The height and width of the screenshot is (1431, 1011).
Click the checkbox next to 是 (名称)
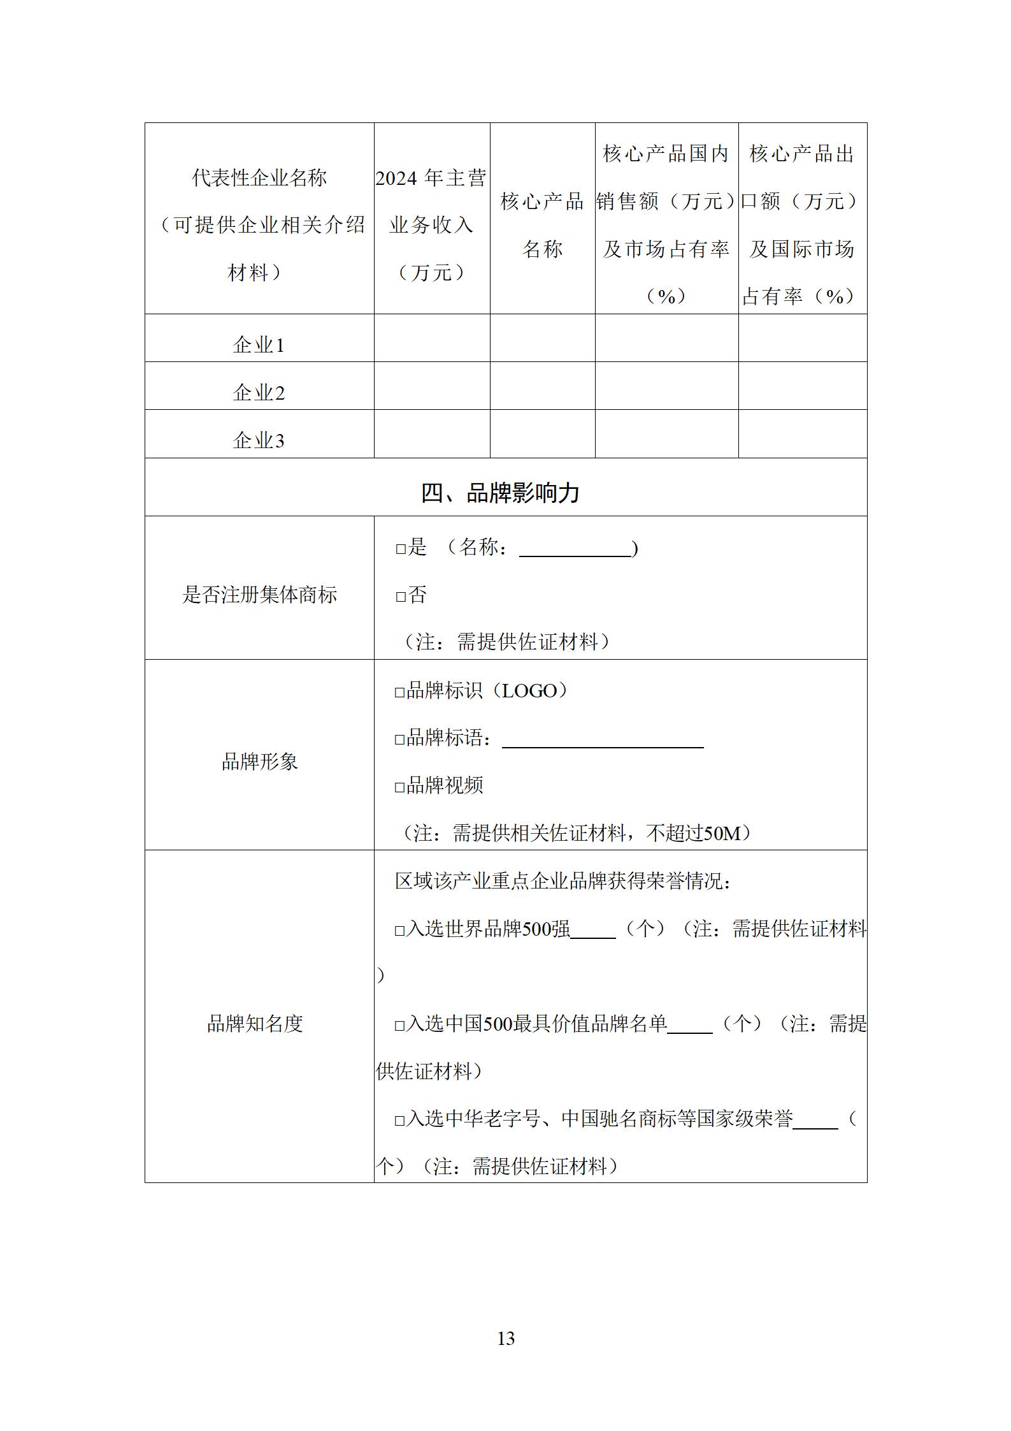[401, 549]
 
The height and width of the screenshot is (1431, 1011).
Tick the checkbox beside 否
[401, 597]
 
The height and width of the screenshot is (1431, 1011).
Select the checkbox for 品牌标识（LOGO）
[400, 692]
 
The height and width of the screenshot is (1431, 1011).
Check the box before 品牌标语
[400, 740]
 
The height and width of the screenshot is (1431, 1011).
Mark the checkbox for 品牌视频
[400, 787]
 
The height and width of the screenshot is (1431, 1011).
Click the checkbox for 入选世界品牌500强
[400, 931]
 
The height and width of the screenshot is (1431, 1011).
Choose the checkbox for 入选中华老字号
[400, 1121]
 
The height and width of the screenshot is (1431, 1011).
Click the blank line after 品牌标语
[603, 743]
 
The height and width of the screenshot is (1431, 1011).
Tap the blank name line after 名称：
[575, 552]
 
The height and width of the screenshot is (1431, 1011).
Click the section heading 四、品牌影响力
[500, 493]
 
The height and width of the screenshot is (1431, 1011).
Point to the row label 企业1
[259, 345]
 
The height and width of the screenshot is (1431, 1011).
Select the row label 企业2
[259, 392]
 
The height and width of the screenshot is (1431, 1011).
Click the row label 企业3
[259, 440]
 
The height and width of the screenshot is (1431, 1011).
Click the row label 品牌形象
[259, 761]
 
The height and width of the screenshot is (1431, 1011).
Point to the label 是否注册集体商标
[259, 595]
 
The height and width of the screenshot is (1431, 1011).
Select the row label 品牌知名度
[255, 1024]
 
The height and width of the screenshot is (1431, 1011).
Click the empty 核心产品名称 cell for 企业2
[542, 386]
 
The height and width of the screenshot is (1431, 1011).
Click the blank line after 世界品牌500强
[593, 934]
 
